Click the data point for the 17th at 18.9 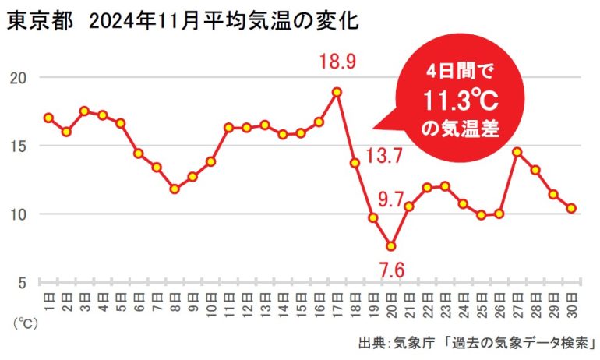coord(337,92)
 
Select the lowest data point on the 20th coord(391,246)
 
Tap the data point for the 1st coord(48,118)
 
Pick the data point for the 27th coord(517,152)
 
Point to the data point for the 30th coord(571,208)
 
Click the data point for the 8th coord(175,189)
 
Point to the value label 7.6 coord(391,270)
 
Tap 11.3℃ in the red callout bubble coord(451,101)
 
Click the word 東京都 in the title coord(37,22)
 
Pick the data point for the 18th coord(355,163)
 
